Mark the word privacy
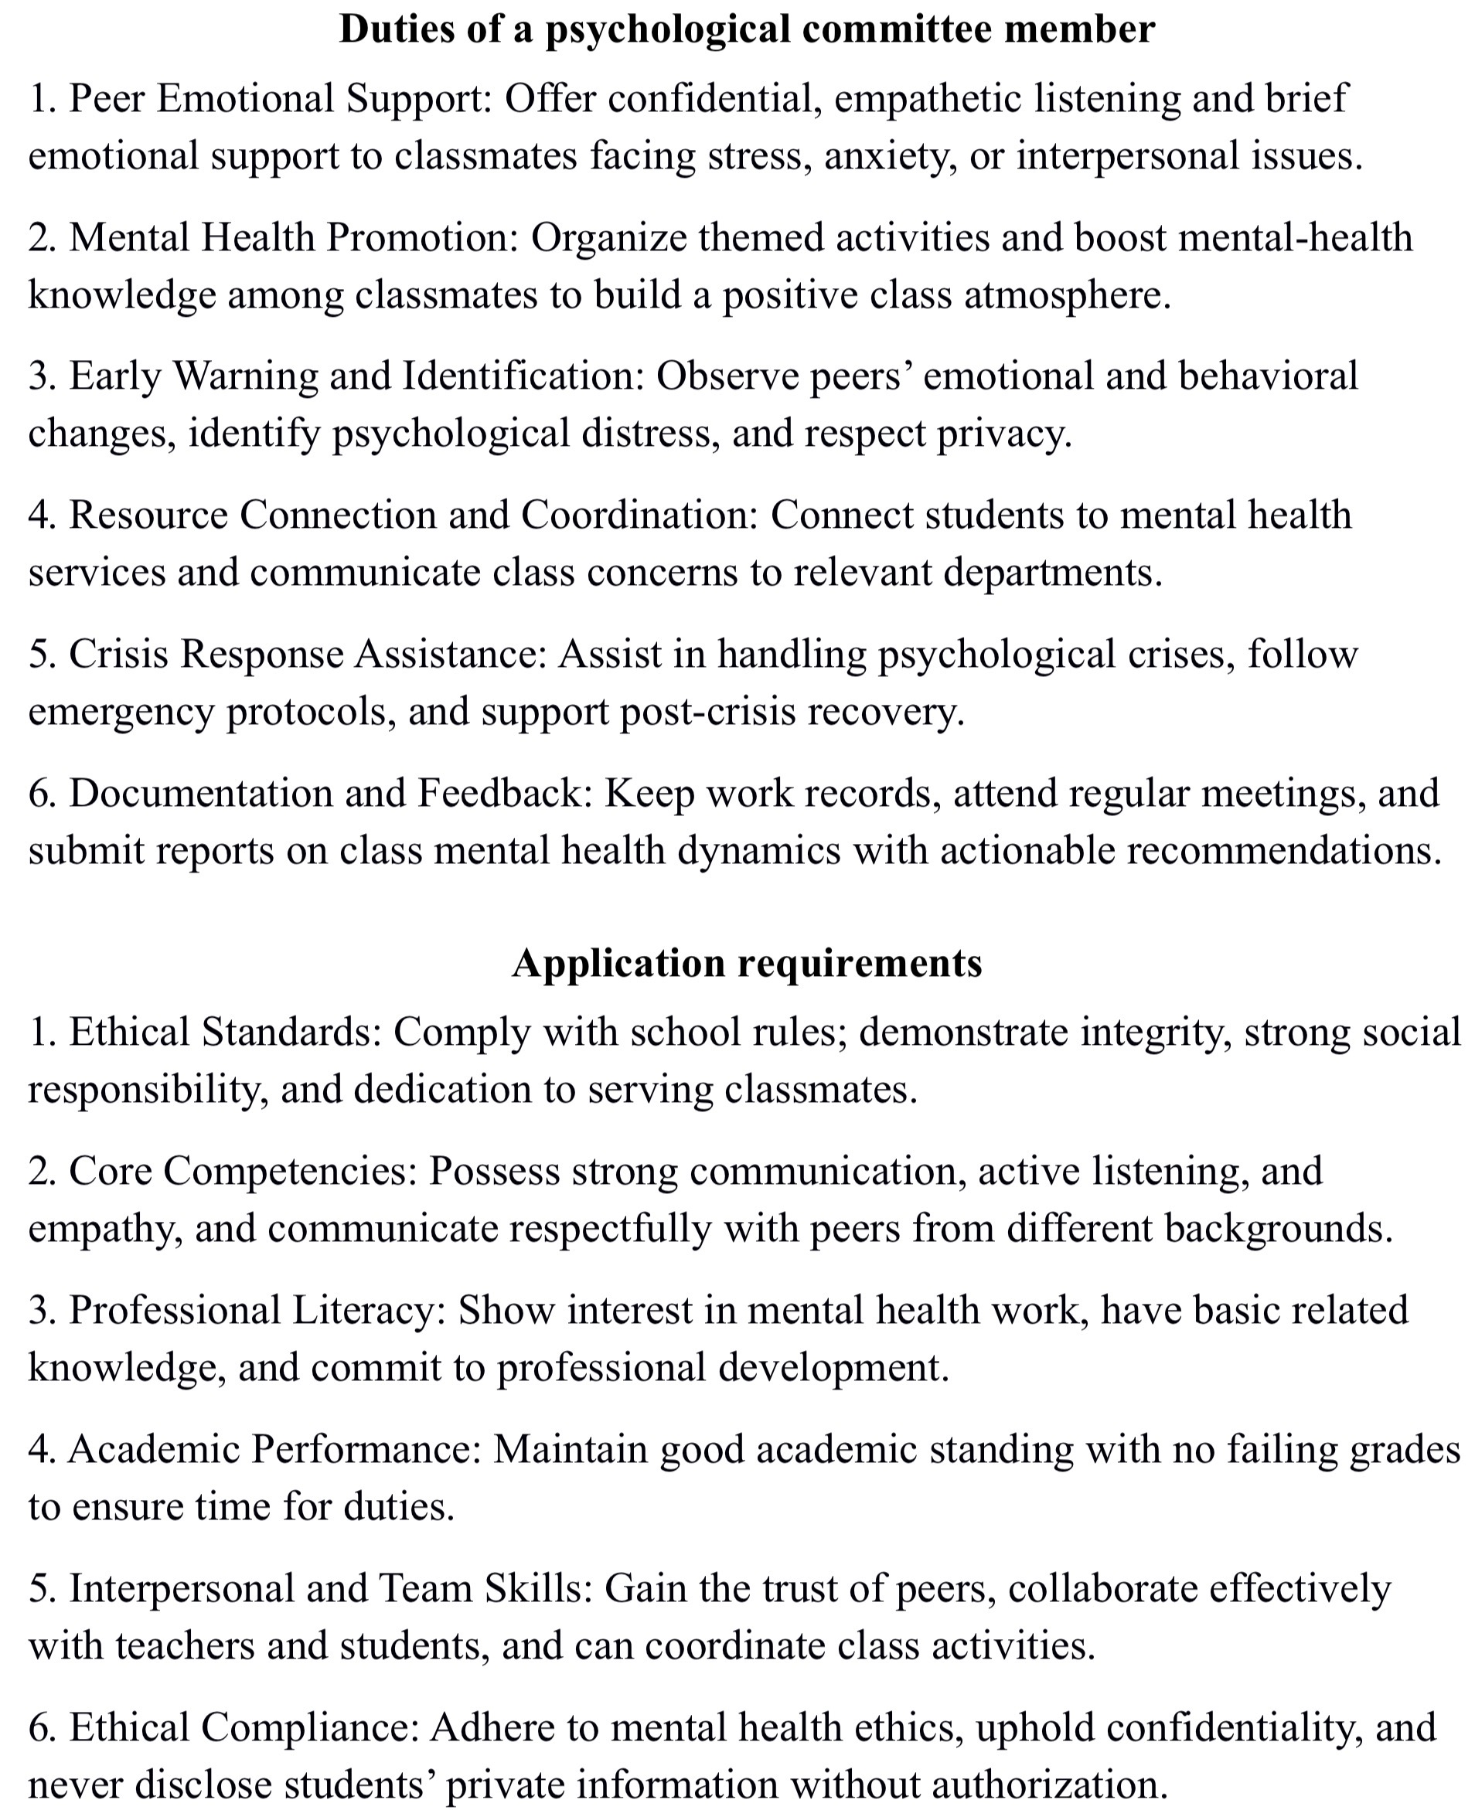pos(1003,434)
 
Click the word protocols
pos(311,712)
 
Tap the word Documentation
pos(200,793)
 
